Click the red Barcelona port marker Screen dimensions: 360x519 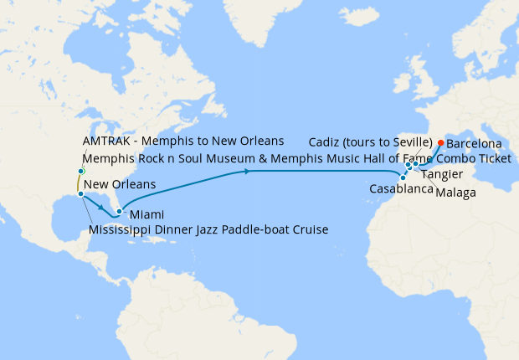click(x=441, y=142)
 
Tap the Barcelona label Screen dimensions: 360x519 click(x=474, y=144)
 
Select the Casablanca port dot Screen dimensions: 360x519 click(x=403, y=177)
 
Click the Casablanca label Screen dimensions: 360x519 click(x=400, y=190)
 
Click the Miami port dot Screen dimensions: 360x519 click(x=120, y=211)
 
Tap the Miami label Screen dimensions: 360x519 click(x=146, y=215)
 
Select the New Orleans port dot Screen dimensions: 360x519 click(x=80, y=194)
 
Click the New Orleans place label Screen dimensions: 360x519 click(x=121, y=184)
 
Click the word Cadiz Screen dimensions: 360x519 click(x=325, y=141)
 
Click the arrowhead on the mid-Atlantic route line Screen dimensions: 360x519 click(x=248, y=172)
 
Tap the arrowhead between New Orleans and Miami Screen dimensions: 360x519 click(x=102, y=206)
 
